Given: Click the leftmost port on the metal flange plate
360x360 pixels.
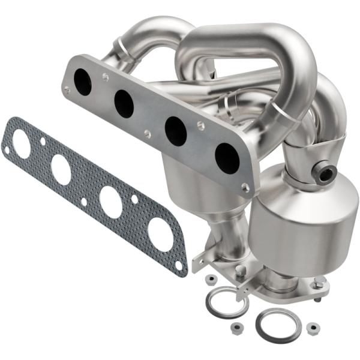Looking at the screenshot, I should [82, 82].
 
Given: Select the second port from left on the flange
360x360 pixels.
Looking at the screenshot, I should [124, 104].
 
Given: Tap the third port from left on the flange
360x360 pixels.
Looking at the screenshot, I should [175, 131].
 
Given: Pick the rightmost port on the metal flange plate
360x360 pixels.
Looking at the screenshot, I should [227, 158].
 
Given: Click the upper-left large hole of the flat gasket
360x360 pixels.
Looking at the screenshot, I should [22, 144].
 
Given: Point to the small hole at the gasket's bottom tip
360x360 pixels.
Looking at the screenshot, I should [178, 265].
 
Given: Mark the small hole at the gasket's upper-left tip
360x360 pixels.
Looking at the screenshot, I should [7, 150].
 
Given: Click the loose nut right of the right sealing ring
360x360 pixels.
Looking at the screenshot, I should [312, 328].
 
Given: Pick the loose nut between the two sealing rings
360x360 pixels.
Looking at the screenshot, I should [238, 328].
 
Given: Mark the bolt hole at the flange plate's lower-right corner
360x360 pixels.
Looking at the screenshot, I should [245, 188].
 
